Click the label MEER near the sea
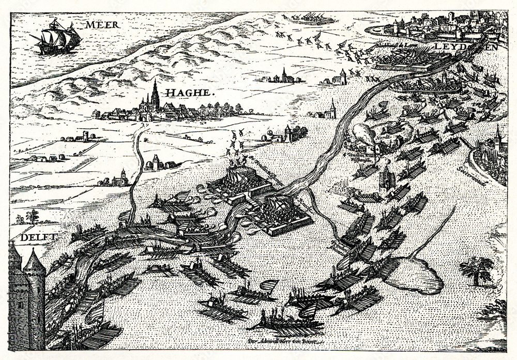click(x=102, y=24)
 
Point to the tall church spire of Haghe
click(x=155, y=93)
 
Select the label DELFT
click(x=37, y=237)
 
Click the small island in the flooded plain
click(x=414, y=274)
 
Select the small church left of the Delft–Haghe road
click(x=120, y=178)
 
